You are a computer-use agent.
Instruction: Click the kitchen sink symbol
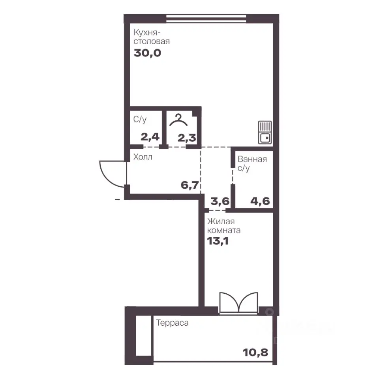pos(265,132)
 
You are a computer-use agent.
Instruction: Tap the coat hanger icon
pos(178,120)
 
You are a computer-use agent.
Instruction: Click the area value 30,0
pos(147,53)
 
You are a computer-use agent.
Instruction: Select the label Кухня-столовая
pos(152,37)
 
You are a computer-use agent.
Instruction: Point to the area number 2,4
pos(150,137)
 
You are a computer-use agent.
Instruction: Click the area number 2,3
pos(187,138)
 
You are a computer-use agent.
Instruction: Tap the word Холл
pos(143,157)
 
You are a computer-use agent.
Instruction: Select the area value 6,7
pos(190,185)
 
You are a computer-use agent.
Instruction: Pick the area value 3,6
pos(220,201)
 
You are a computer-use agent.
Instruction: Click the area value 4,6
pos(260,201)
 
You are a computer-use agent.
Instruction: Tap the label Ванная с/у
pos(252,163)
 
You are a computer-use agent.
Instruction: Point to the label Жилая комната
pos(224,226)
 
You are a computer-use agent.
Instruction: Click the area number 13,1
pos(218,241)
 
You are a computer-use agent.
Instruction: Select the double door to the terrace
pos(238,303)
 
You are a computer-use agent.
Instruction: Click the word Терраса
pos(173,323)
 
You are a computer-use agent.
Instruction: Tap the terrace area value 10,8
pos(256,353)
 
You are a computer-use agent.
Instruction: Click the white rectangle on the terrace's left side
pos(143,336)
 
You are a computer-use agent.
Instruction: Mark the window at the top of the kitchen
pos(206,19)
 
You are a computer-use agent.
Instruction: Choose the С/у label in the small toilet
pos(140,119)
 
